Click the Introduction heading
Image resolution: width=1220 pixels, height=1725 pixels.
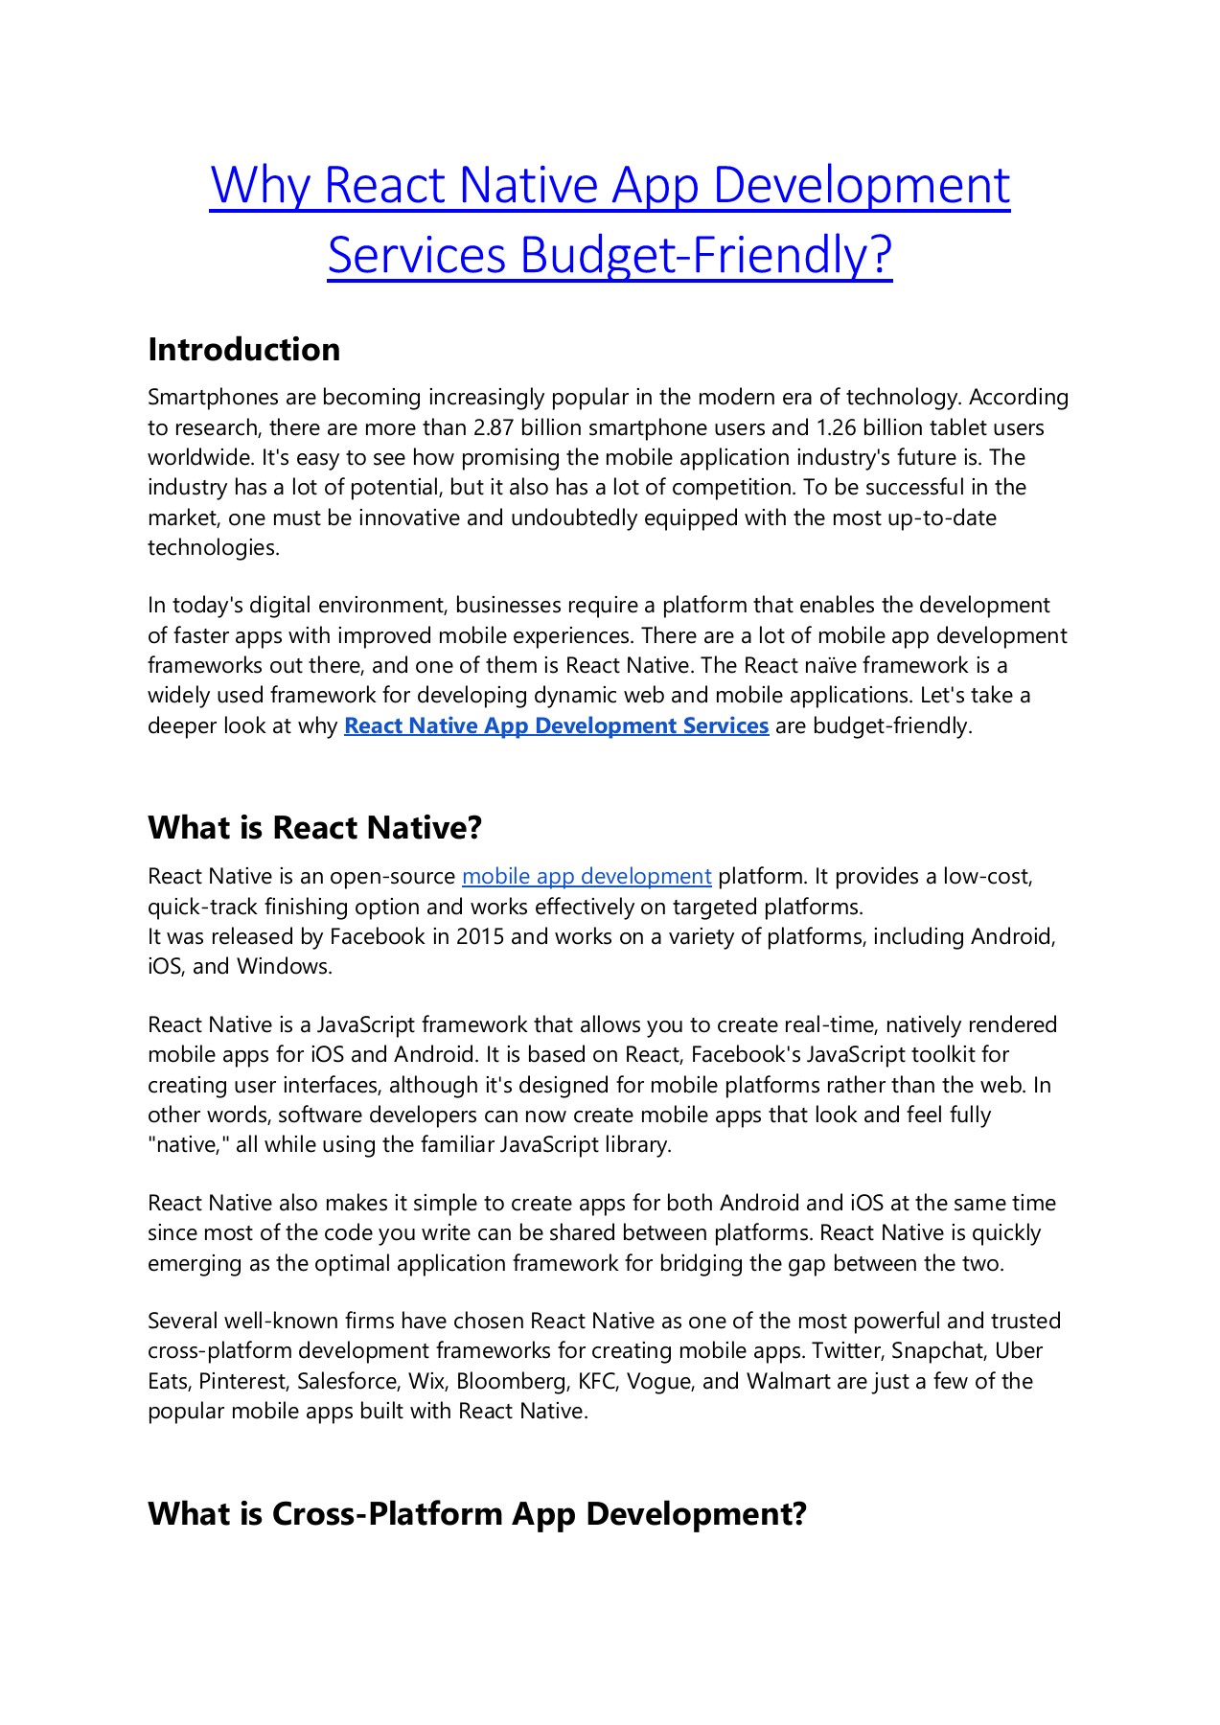click(x=243, y=350)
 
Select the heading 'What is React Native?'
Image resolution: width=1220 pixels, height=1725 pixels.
click(x=314, y=828)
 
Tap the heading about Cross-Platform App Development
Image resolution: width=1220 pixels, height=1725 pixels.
click(x=477, y=1514)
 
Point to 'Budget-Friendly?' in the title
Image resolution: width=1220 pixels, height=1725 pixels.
click(x=706, y=255)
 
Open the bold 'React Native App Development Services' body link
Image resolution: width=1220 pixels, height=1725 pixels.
click(x=556, y=726)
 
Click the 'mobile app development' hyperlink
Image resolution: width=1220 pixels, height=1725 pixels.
click(x=587, y=877)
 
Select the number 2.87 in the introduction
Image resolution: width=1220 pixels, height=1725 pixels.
click(x=495, y=427)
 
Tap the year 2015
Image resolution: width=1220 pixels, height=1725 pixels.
click(x=480, y=936)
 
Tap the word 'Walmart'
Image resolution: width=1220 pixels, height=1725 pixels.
click(x=788, y=1382)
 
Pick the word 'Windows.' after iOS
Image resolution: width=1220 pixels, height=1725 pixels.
click(x=285, y=967)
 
